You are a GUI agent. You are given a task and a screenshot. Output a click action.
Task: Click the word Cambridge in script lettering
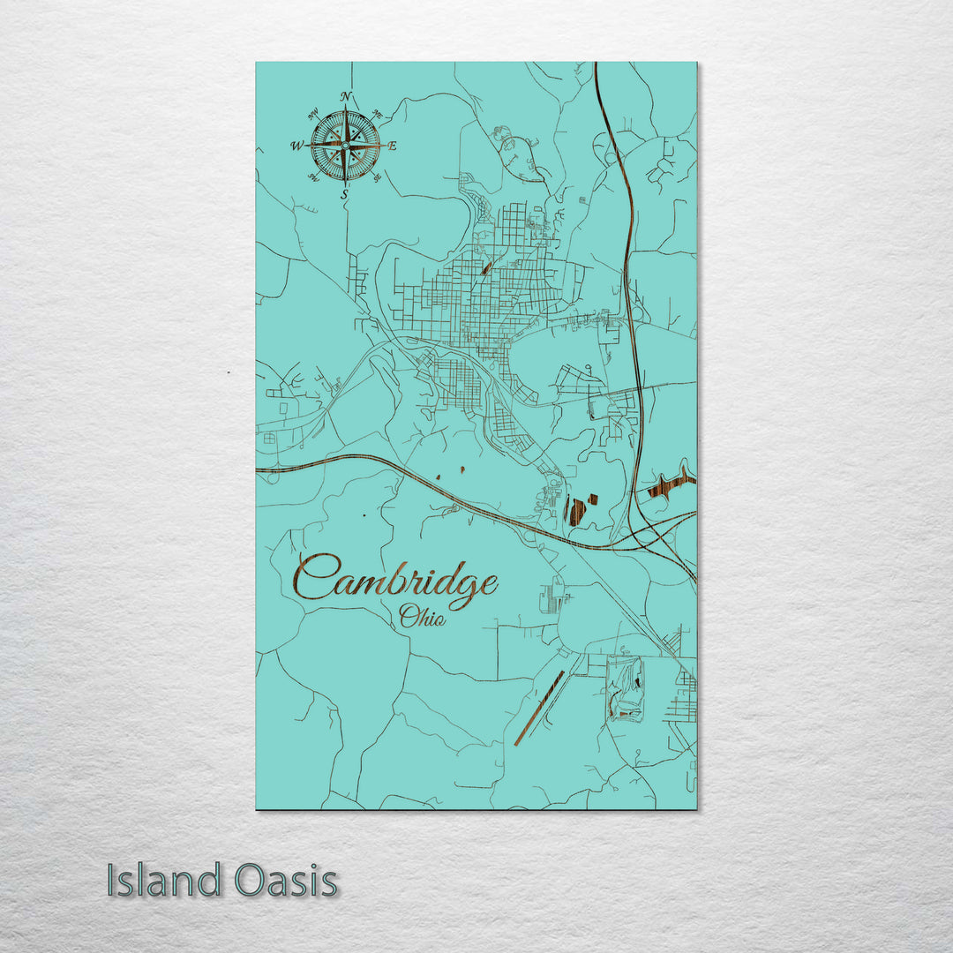[x=395, y=582]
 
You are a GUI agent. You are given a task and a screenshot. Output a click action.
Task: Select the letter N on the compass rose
[x=346, y=97]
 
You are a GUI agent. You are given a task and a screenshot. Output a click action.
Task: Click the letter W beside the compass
[x=297, y=146]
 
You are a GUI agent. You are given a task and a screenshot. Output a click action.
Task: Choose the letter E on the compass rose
[x=393, y=146]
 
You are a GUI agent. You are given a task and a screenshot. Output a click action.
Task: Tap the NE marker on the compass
[x=378, y=114]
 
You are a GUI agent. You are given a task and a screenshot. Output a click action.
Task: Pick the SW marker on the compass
[x=313, y=177]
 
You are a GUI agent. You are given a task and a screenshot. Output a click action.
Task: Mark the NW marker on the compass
[x=313, y=114]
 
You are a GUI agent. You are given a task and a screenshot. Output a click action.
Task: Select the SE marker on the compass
[x=378, y=177]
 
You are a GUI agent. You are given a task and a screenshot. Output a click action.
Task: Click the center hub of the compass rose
[x=345, y=145]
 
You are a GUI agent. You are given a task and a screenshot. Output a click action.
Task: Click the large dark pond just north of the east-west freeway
[x=576, y=511]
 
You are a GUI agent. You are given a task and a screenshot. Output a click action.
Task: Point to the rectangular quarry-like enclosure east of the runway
[x=626, y=689]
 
